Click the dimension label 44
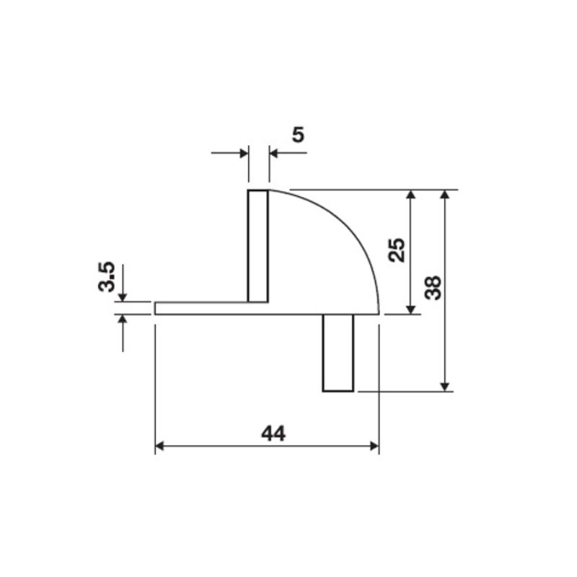click(x=273, y=433)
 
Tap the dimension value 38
click(x=433, y=287)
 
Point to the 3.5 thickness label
click(x=107, y=276)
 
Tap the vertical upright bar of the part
click(x=258, y=245)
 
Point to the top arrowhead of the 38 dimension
click(x=446, y=196)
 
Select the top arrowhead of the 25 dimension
click(x=411, y=196)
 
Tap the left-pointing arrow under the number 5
click(x=275, y=152)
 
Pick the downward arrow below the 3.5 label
click(x=123, y=296)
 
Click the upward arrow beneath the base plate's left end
click(x=123, y=321)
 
